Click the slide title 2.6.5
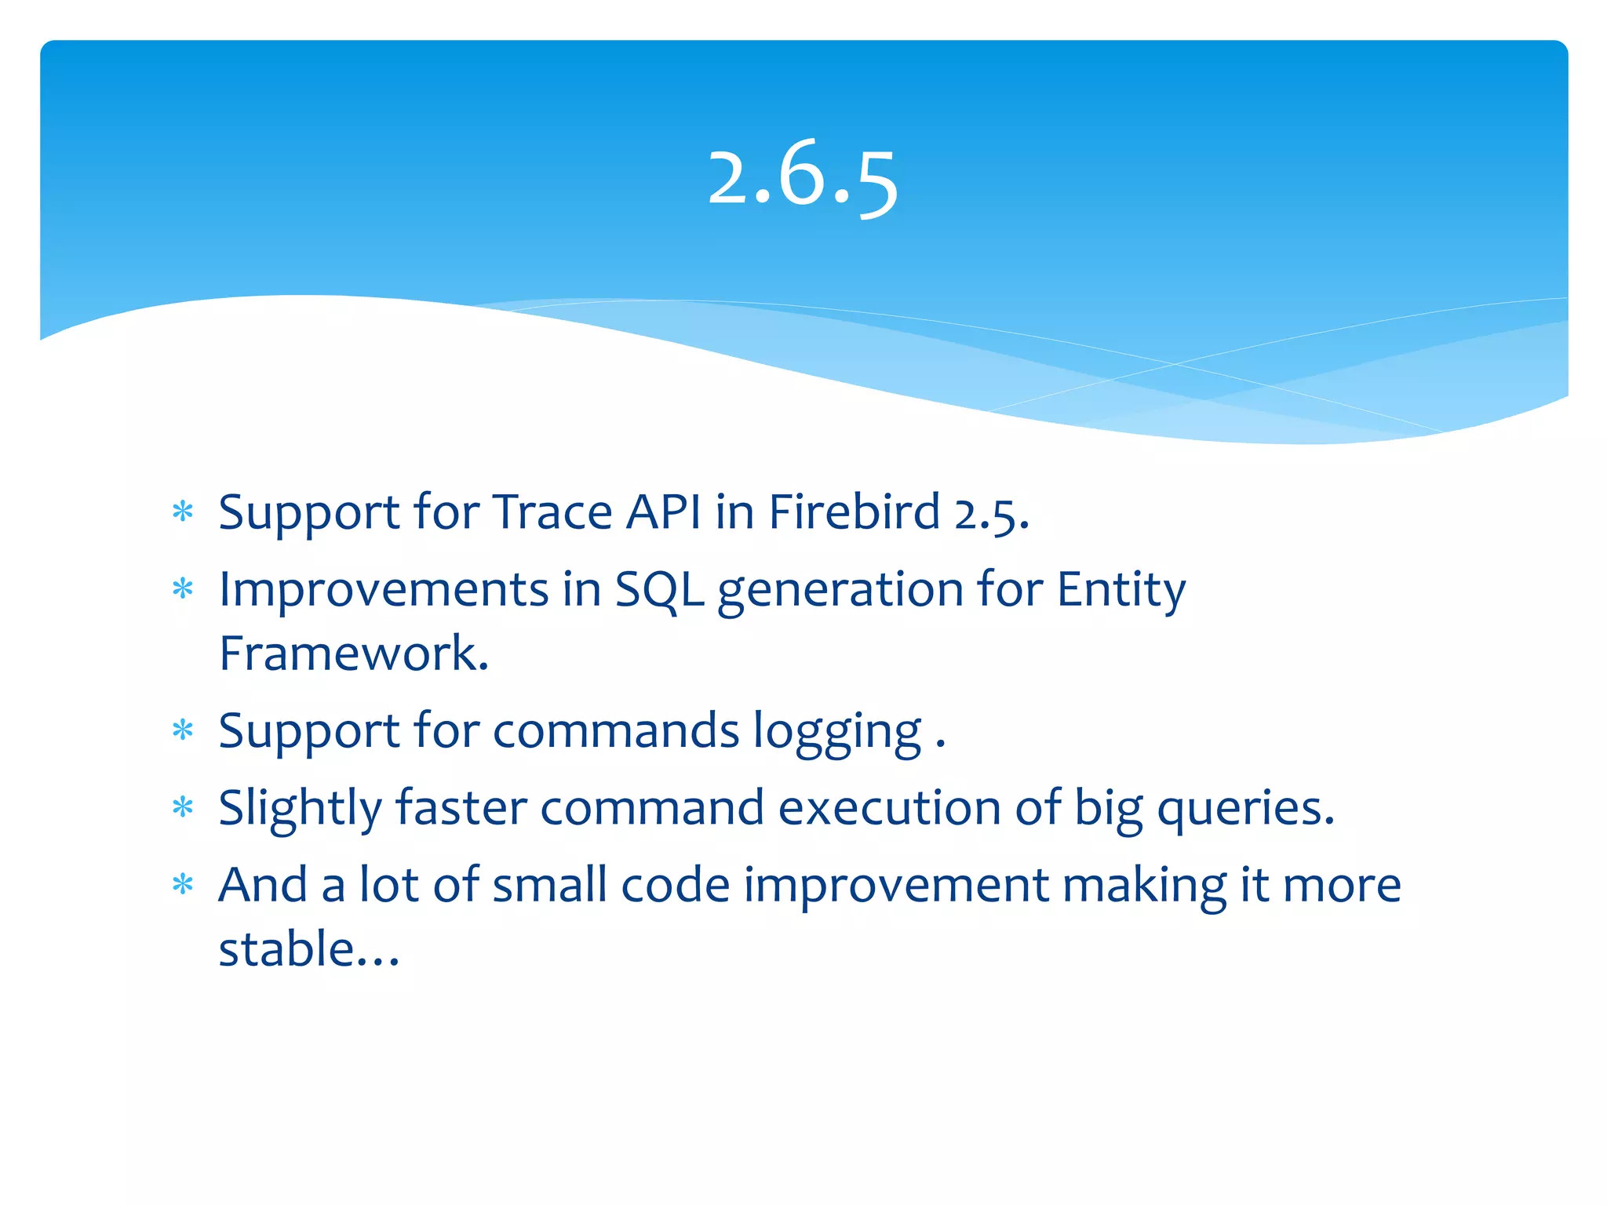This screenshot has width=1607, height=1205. [802, 179]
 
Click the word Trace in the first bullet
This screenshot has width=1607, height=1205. [552, 513]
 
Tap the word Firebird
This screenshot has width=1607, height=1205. [854, 513]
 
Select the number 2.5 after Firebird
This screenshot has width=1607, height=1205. [991, 515]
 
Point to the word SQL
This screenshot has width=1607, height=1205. [659, 590]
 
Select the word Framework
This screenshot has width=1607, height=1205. [353, 653]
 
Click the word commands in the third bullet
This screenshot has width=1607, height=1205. [616, 731]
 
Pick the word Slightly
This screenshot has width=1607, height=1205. [300, 809]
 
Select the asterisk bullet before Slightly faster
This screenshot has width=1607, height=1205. [183, 807]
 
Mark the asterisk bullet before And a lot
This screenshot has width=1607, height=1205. [183, 885]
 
